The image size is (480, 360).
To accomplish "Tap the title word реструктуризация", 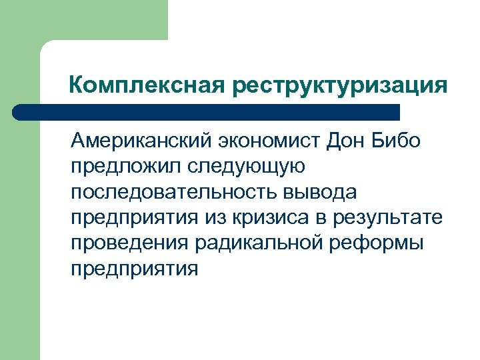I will [x=340, y=85].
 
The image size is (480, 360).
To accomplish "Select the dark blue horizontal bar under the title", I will [x=207, y=112].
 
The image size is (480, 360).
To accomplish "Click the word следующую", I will [x=249, y=167].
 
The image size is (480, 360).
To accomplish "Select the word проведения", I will [x=131, y=243].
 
